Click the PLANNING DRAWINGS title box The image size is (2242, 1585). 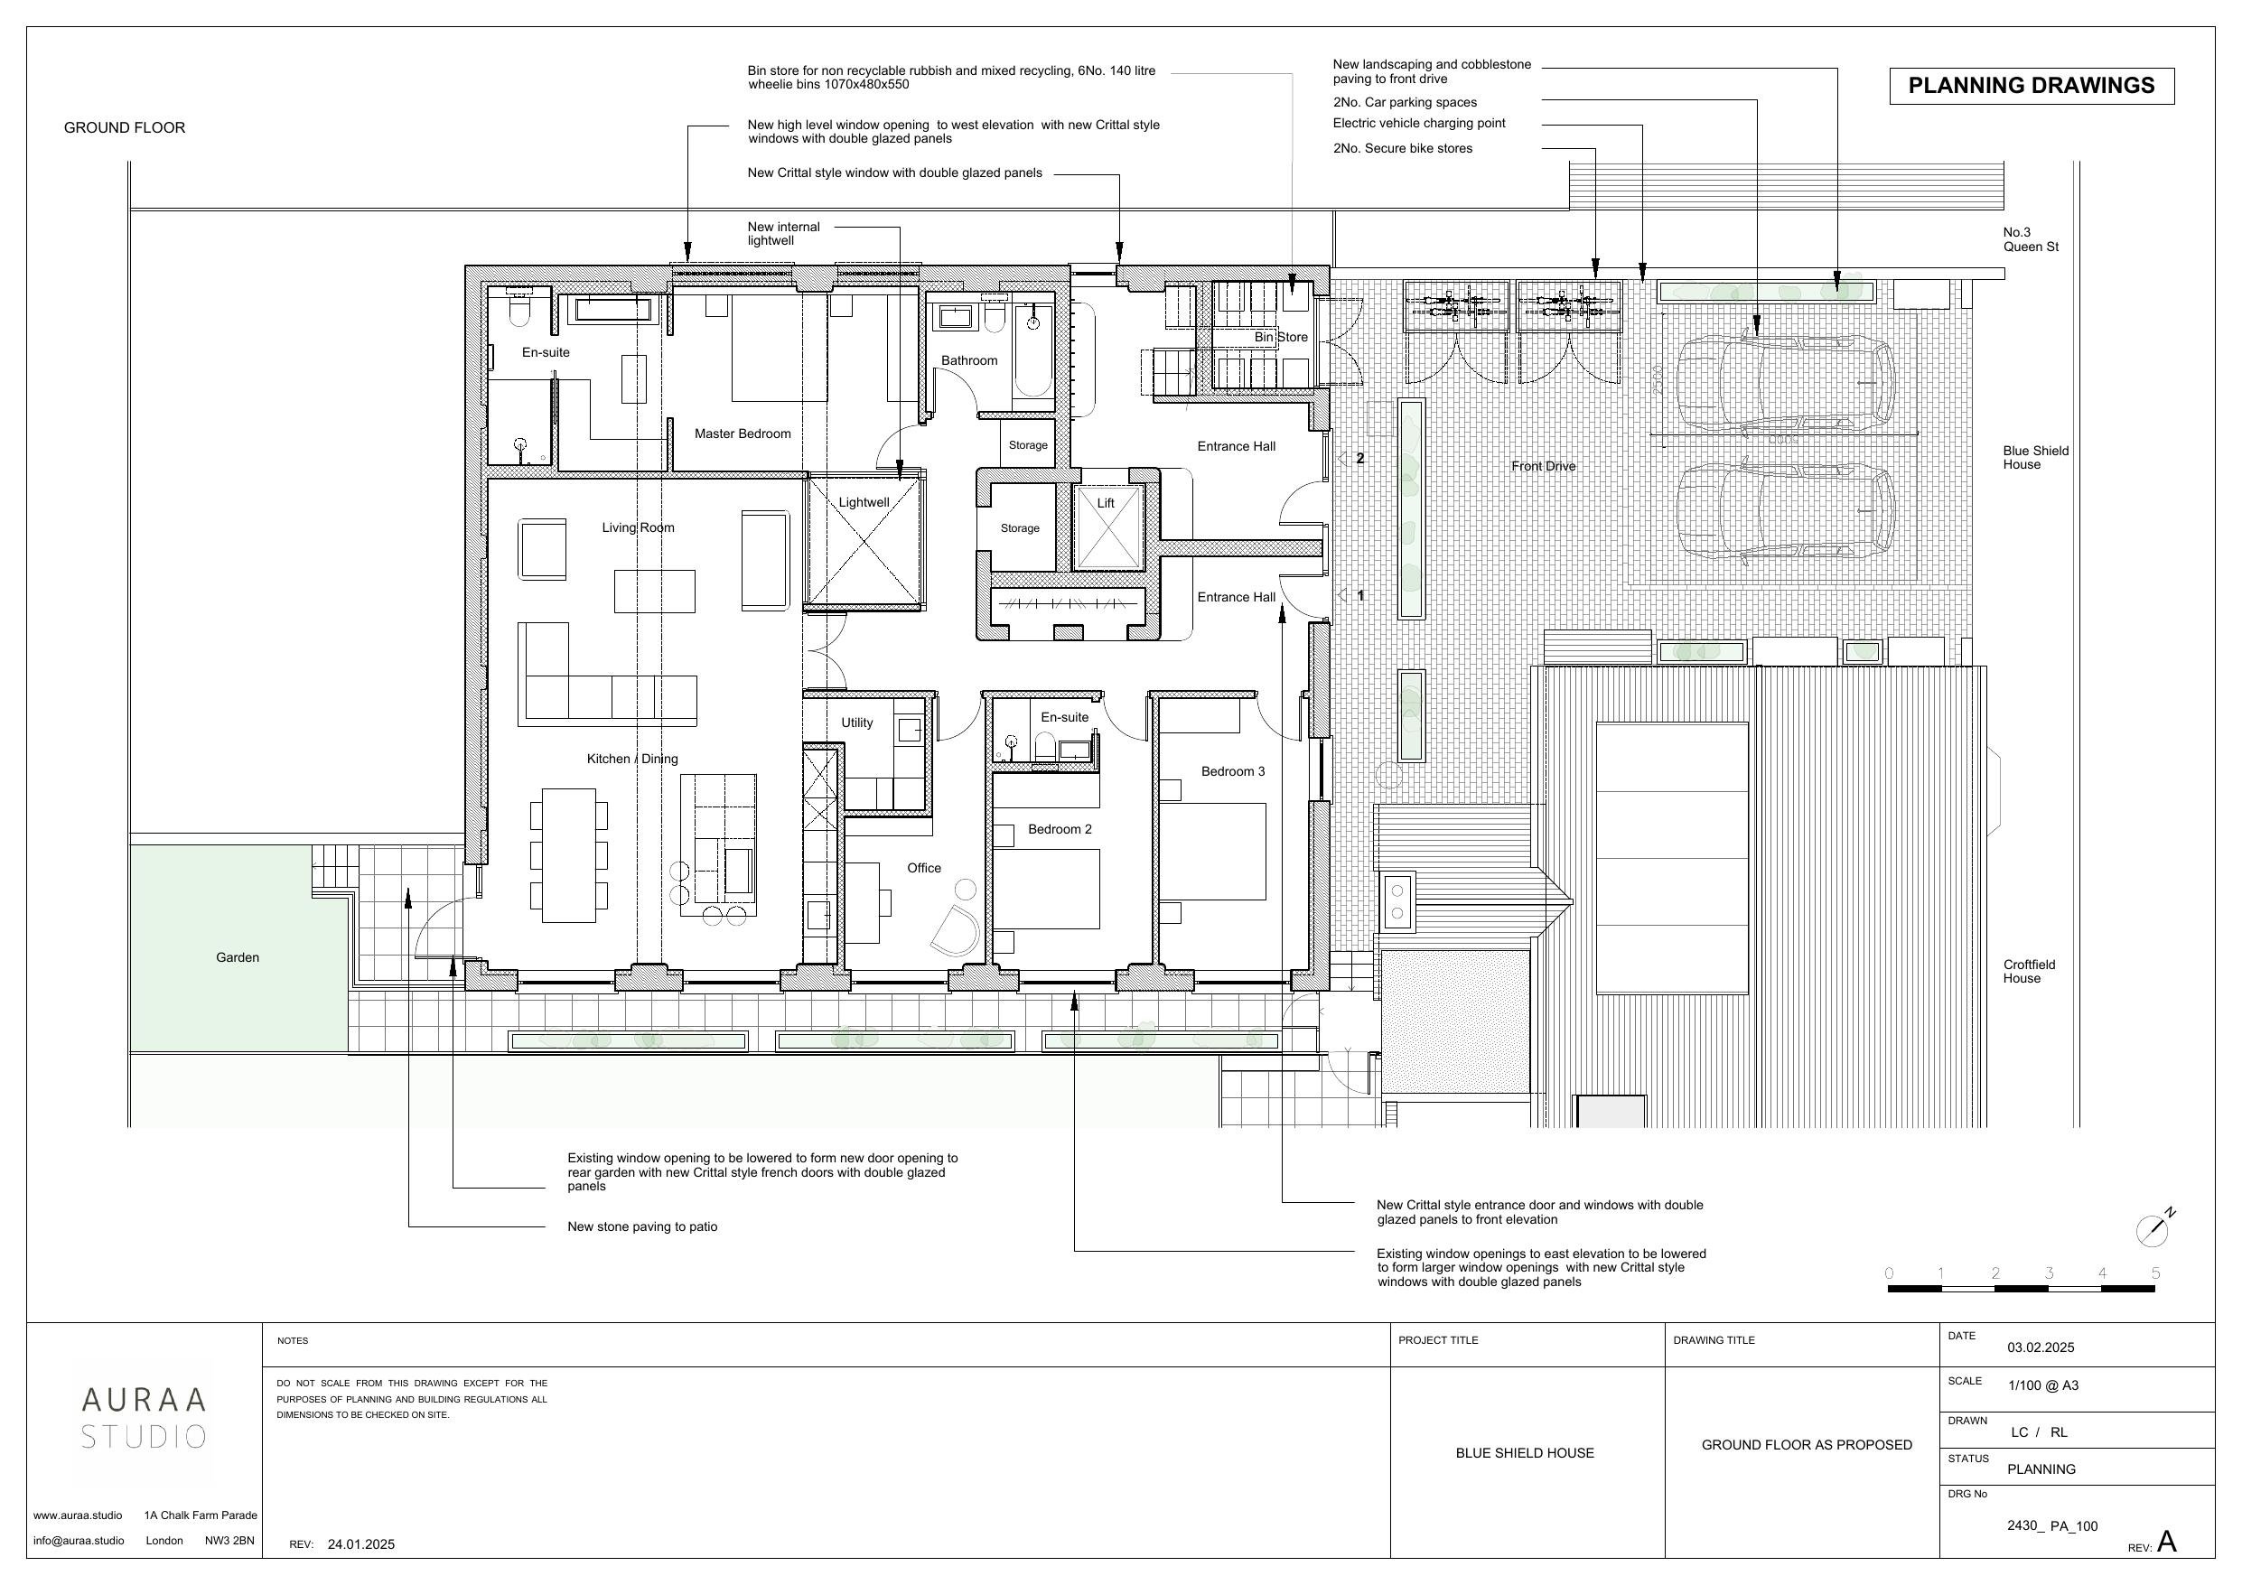pyautogui.click(x=2032, y=86)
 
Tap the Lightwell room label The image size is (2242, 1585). pyautogui.click(x=864, y=503)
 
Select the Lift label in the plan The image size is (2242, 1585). pyautogui.click(x=1106, y=504)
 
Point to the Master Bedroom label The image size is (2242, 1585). pyautogui.click(x=743, y=434)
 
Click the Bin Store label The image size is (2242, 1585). pyautogui.click(x=1281, y=337)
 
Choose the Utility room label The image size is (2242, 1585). pyautogui.click(x=857, y=723)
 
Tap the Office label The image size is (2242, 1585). pyautogui.click(x=924, y=868)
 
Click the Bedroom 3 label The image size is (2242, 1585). pyautogui.click(x=1232, y=771)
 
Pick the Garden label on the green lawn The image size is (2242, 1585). pyautogui.click(x=238, y=958)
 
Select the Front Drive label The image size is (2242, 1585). pyautogui.click(x=1543, y=466)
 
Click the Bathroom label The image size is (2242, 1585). pyautogui.click(x=969, y=360)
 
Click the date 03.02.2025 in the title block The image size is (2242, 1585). pyautogui.click(x=2041, y=1347)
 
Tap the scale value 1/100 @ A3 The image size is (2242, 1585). pyautogui.click(x=2042, y=1385)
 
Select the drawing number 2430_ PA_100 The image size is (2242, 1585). pyautogui.click(x=2052, y=1526)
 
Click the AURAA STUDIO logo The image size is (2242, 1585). pyautogui.click(x=144, y=1418)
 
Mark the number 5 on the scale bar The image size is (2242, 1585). pyautogui.click(x=2155, y=1273)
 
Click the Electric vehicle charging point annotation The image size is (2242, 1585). pyautogui.click(x=1419, y=124)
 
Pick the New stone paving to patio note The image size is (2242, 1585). pyautogui.click(x=642, y=1227)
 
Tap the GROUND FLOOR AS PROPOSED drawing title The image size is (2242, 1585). pyautogui.click(x=1807, y=1445)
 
